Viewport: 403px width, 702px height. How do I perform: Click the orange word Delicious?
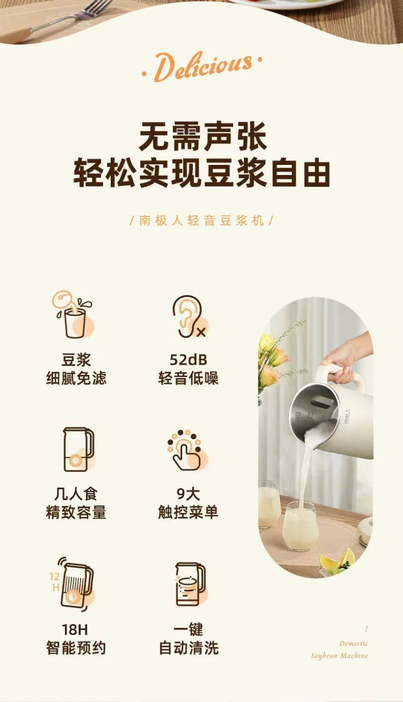tap(201, 67)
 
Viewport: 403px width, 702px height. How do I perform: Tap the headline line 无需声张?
tap(202, 137)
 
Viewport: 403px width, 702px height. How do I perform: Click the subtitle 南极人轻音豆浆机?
tap(202, 220)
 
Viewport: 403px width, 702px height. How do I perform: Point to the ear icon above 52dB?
tap(188, 317)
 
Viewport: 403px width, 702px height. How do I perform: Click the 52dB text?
tap(188, 359)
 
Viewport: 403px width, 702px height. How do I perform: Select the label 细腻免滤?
tap(76, 378)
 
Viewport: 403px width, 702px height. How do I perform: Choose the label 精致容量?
tap(76, 512)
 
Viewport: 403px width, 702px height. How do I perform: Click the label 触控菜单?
tap(188, 512)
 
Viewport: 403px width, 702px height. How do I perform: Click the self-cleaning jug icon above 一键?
tap(189, 584)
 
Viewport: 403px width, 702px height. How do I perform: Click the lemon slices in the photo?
tap(339, 559)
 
